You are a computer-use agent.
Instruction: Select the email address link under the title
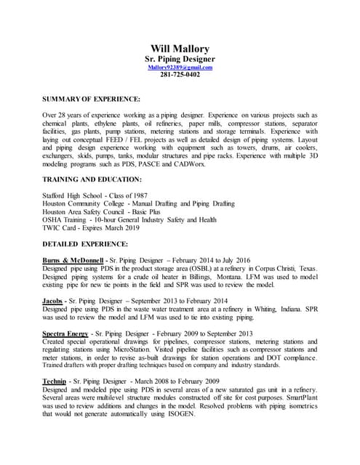point(180,67)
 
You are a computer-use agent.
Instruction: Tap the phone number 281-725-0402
point(180,74)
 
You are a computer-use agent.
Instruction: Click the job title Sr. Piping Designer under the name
point(180,58)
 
